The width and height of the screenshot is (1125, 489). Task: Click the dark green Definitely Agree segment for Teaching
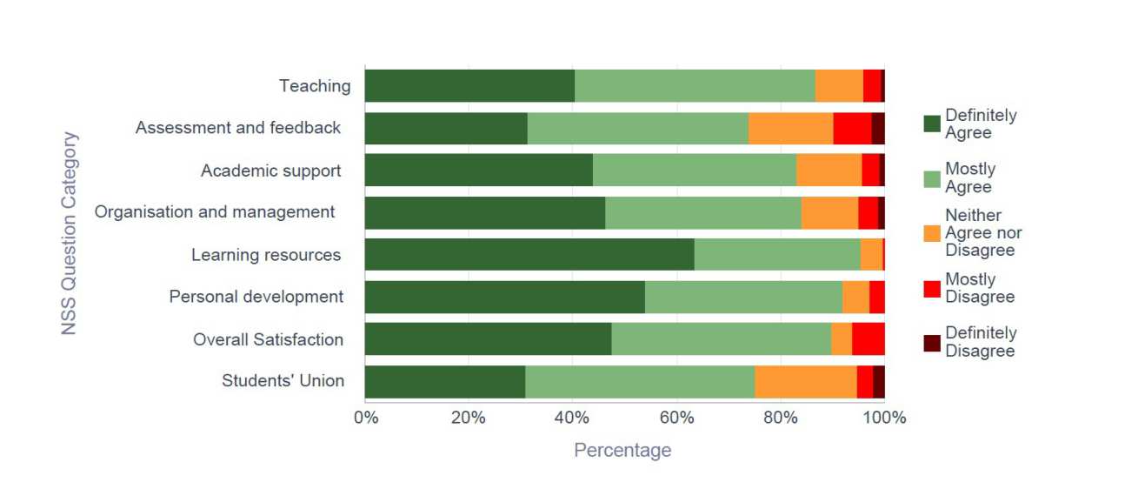469,85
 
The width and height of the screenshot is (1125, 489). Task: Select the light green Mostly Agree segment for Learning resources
777,254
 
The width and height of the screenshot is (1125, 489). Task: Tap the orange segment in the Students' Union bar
805,381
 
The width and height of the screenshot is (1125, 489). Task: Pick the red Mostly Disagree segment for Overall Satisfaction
868,338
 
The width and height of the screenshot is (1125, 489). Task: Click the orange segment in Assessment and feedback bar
790,128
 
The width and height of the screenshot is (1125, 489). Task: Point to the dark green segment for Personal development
504,297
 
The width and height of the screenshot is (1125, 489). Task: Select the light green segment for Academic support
694,170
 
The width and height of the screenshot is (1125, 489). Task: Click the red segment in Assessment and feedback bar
852,128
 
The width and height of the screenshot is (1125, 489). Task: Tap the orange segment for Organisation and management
829,212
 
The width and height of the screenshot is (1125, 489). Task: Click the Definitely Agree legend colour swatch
931,124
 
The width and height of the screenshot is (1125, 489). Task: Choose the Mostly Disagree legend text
980,288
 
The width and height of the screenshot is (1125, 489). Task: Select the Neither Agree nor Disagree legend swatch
931,233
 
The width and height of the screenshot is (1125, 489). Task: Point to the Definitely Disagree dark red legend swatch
931,342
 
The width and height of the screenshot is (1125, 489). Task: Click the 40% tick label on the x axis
572,418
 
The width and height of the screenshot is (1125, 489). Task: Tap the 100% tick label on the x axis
884,418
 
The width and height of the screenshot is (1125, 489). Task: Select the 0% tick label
366,418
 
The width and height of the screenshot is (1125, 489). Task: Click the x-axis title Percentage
622,450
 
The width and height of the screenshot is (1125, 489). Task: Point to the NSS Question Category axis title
70,233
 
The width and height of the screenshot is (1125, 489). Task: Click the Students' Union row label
283,381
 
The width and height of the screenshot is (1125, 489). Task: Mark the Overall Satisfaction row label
268,339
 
